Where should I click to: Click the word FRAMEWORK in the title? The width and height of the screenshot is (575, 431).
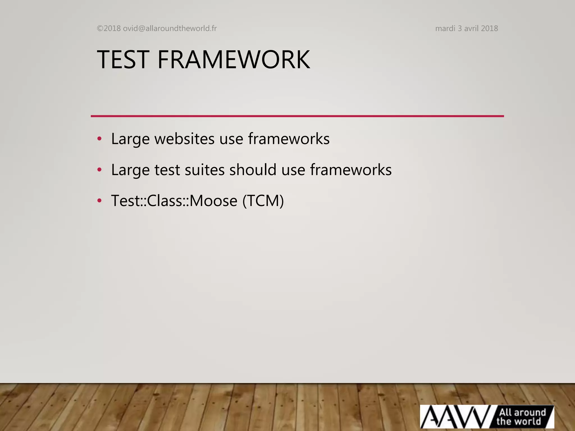234,59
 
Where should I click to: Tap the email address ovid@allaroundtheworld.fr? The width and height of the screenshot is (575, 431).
170,28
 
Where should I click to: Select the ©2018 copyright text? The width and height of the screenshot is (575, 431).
109,28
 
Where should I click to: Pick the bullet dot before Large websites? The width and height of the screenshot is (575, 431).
99,139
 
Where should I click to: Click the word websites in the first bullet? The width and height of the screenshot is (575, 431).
184,139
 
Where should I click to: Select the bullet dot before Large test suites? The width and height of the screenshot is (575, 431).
99,170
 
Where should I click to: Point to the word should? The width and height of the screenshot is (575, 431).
253,170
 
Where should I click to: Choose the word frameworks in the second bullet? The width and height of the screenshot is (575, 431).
351,170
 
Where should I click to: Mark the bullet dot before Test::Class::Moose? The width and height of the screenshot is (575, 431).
99,201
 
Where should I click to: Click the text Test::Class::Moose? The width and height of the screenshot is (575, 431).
174,201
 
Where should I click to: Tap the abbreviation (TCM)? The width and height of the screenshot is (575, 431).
263,201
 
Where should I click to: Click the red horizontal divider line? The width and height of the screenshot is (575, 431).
297,116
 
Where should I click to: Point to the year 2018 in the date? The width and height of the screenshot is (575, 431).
489,28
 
